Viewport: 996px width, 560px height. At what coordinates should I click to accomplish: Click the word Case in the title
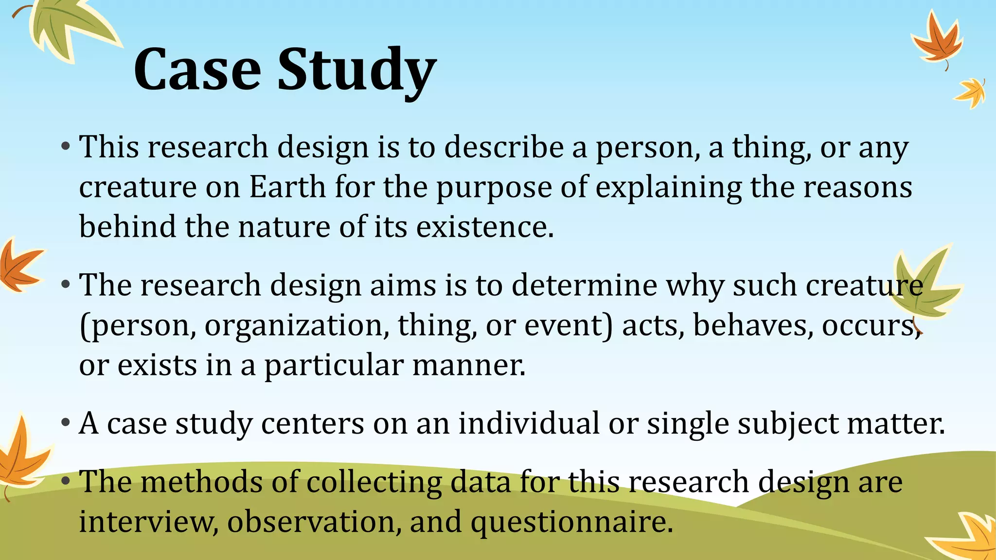[x=197, y=70]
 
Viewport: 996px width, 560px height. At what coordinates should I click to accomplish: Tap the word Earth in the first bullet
[x=287, y=187]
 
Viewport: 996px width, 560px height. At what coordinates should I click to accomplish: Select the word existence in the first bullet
[x=484, y=227]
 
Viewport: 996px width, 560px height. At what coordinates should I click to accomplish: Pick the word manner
[x=469, y=365]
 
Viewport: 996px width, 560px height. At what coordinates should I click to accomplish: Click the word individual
[x=529, y=423]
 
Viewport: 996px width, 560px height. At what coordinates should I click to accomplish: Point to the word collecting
[x=374, y=482]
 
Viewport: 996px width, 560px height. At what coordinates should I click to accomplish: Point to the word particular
[x=334, y=366]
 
